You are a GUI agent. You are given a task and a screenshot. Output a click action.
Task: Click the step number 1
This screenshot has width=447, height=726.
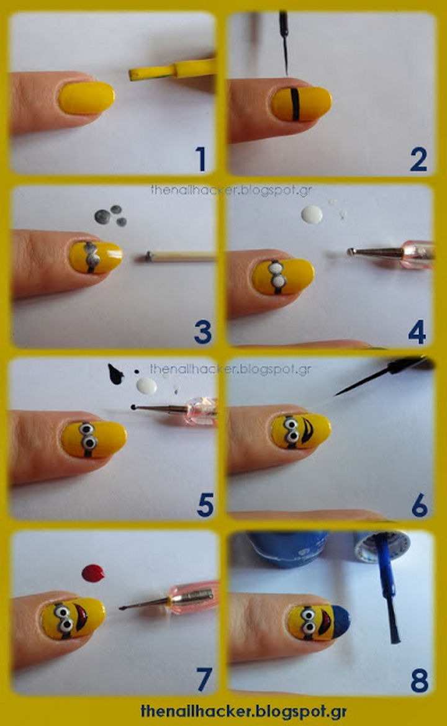201,159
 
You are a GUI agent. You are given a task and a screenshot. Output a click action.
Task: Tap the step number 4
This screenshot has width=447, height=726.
417,332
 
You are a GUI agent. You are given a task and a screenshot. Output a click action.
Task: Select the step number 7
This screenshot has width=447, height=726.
204,679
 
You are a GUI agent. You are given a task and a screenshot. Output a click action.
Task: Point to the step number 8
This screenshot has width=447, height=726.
419,681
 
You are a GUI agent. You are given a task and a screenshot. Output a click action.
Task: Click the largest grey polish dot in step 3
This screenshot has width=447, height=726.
102,216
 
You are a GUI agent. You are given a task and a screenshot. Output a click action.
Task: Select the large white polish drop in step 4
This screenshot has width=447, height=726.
312,214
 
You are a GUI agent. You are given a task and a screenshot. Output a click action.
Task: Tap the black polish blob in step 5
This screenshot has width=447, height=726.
115,374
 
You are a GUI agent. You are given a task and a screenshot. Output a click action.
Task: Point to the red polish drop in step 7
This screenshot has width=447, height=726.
93,573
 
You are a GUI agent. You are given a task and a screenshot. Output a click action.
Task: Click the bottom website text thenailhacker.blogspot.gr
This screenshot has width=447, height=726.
243,710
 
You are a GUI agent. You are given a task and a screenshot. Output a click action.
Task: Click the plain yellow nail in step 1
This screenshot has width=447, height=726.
87,98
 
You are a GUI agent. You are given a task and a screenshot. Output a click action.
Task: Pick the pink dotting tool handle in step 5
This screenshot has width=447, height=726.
200,411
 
